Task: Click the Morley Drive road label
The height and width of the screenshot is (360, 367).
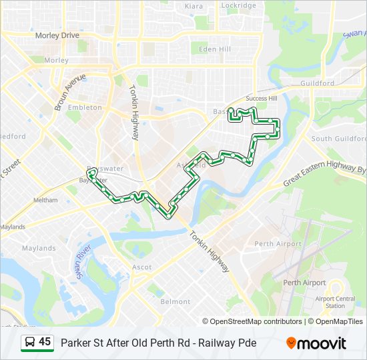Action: coord(57,35)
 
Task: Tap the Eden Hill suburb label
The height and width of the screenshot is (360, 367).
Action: coord(214,49)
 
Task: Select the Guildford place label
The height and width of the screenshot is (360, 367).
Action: coord(318,83)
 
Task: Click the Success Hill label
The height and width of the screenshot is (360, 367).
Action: coord(261,99)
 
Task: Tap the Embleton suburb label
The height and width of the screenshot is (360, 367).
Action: coord(85,107)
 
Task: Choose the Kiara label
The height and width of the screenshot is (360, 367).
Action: coord(194,6)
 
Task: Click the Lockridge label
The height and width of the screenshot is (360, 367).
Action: coord(238,5)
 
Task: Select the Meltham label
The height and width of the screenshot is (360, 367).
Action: coord(45,200)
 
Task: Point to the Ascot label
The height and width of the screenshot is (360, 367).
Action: coord(142,267)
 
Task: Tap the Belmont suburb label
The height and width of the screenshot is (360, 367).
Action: coord(175,301)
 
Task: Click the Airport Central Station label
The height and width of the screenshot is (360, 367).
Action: coord(336,302)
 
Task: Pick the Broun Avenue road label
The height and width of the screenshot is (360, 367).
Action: coord(70,92)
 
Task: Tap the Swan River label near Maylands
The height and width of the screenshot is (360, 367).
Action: coord(82,260)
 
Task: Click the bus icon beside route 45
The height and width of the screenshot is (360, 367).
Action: coord(29,343)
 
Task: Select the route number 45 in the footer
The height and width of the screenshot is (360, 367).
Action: coord(45,342)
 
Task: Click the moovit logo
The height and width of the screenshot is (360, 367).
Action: coord(316,343)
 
